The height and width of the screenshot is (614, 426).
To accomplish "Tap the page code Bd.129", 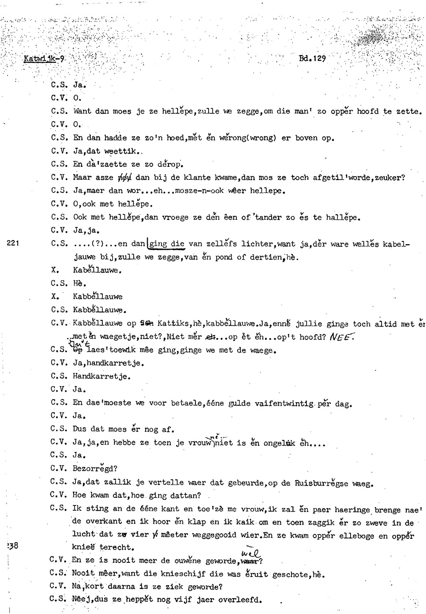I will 312,58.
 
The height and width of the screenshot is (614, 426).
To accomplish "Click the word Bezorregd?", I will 95,469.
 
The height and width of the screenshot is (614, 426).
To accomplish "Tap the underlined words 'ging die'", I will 167,244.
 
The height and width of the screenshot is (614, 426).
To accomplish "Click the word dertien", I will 267,257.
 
